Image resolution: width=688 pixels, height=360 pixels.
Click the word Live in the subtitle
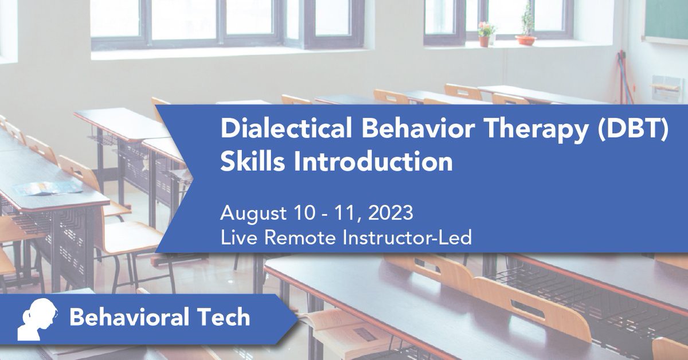(237, 237)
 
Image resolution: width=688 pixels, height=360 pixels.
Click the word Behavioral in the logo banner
(130, 317)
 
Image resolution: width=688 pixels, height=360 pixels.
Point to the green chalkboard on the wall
(665, 20)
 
